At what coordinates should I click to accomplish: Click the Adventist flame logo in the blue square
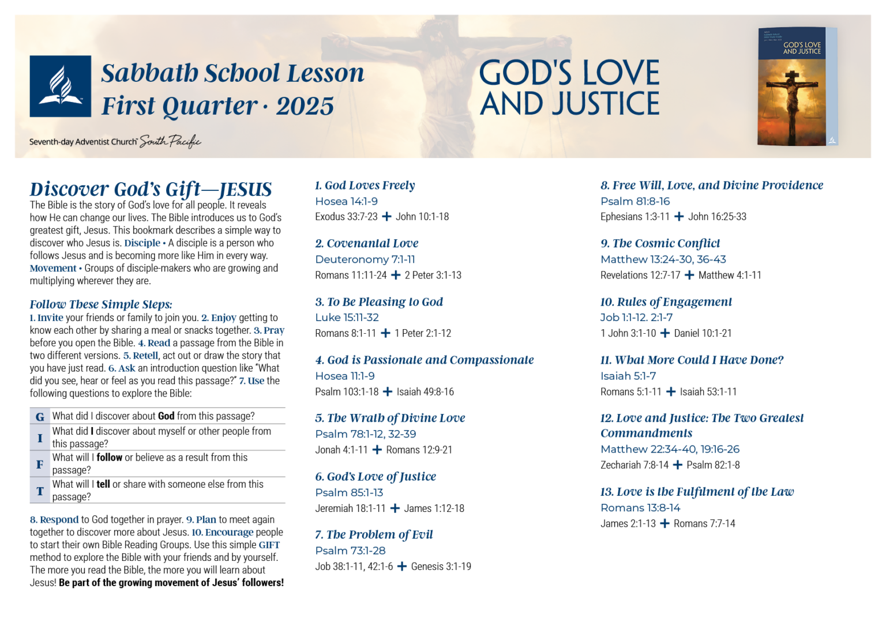click(x=61, y=86)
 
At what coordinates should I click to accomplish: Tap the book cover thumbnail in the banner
click(x=797, y=86)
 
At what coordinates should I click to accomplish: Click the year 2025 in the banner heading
click(x=305, y=106)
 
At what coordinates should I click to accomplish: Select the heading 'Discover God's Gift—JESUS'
click(x=151, y=189)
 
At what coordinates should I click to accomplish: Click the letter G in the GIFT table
click(x=40, y=417)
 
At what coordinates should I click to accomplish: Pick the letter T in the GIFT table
click(x=40, y=491)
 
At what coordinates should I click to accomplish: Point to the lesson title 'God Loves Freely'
click(x=369, y=186)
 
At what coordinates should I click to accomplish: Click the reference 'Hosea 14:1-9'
click(x=346, y=201)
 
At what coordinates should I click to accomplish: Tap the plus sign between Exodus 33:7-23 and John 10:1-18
click(x=386, y=217)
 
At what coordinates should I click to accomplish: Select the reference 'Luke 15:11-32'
click(x=347, y=318)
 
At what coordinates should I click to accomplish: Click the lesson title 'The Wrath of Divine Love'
click(x=396, y=418)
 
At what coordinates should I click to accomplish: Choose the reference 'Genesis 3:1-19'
click(x=441, y=567)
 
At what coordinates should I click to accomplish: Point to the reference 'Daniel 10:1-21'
click(x=703, y=333)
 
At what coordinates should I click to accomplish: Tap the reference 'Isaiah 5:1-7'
click(x=628, y=376)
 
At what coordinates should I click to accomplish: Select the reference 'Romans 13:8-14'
click(x=640, y=508)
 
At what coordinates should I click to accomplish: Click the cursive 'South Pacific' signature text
click(x=170, y=141)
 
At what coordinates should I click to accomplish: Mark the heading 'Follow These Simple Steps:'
click(x=101, y=304)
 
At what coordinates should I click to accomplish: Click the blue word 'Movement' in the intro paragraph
click(x=53, y=269)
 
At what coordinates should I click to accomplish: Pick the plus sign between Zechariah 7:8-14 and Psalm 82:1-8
click(x=677, y=465)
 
